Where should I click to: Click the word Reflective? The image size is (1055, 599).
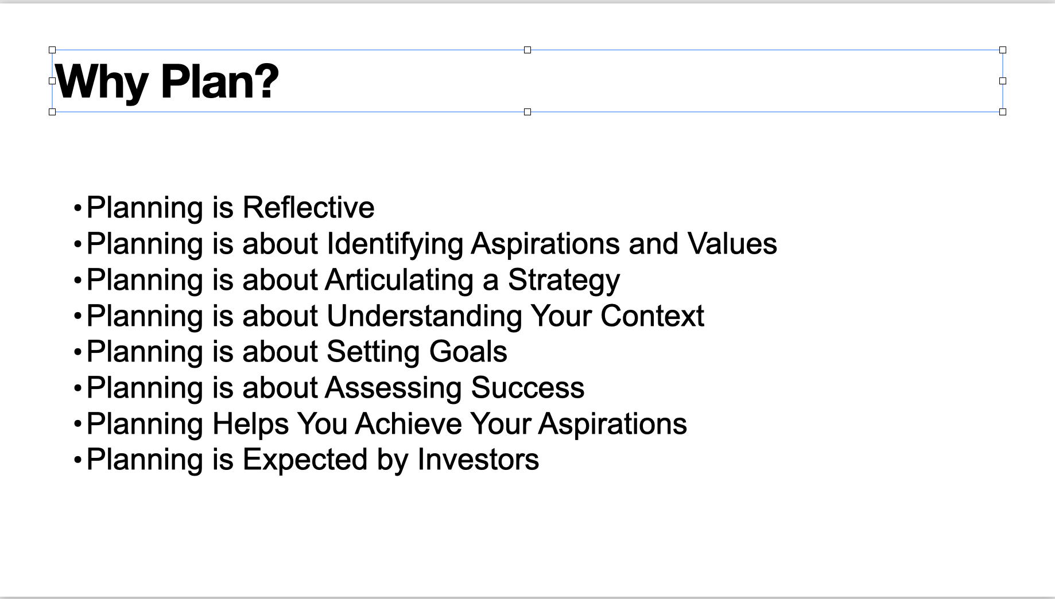(x=308, y=207)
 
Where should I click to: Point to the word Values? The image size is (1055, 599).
(x=732, y=243)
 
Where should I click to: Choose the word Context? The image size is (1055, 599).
(x=652, y=316)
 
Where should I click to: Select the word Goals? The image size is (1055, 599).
(x=468, y=351)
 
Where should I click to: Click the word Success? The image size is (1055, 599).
(x=527, y=387)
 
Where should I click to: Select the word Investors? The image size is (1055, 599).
(x=478, y=460)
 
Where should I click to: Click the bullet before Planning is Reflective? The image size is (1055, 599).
(x=78, y=208)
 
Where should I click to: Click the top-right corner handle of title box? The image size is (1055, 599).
(x=1003, y=50)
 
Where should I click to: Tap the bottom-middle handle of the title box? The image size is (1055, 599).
(x=527, y=112)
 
